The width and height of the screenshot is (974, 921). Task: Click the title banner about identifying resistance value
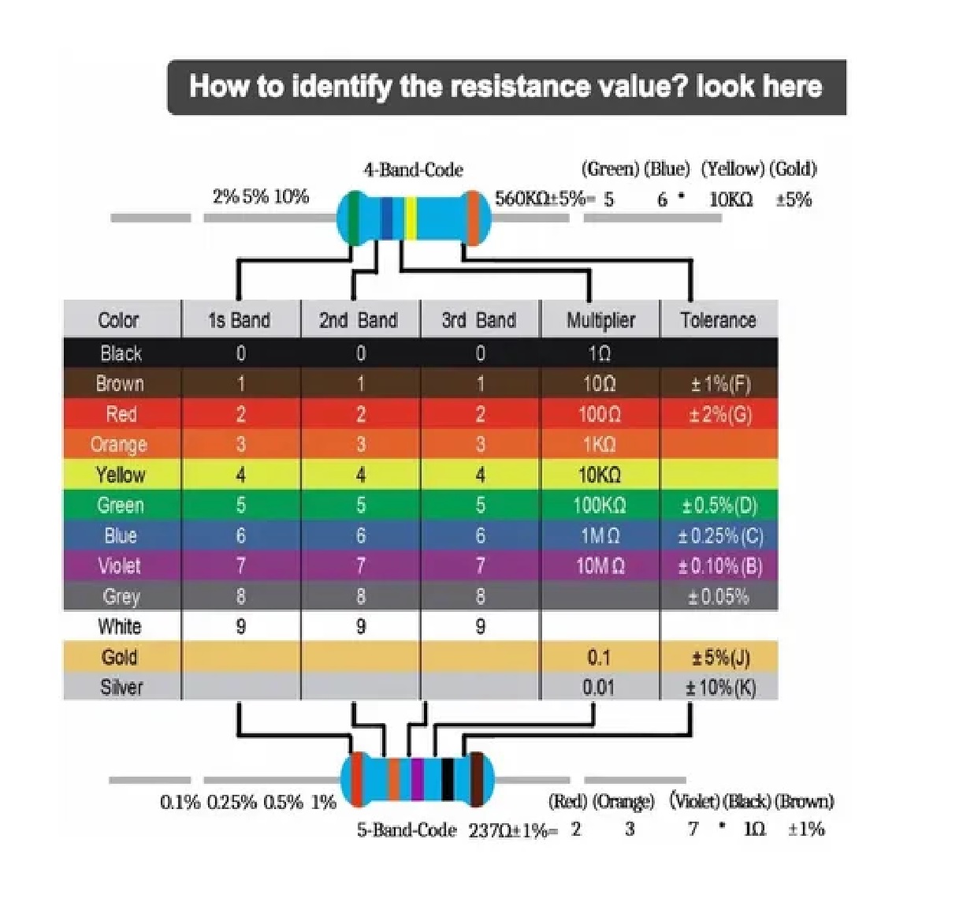click(x=506, y=87)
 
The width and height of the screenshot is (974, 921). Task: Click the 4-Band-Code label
click(x=413, y=170)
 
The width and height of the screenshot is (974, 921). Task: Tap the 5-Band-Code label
click(x=406, y=830)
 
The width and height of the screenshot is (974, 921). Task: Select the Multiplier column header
click(x=600, y=320)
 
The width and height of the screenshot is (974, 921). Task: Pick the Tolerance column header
click(x=718, y=320)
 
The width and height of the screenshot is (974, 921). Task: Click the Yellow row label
click(x=121, y=475)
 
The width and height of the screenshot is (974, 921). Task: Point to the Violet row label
click(x=120, y=565)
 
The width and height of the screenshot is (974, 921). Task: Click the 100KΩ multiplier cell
click(x=600, y=505)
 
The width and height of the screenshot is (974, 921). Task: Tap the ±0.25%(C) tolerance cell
click(x=720, y=536)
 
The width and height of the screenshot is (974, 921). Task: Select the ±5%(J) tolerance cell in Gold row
click(x=720, y=657)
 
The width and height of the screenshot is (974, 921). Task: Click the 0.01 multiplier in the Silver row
click(x=599, y=687)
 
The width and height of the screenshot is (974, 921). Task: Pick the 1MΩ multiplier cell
click(x=600, y=536)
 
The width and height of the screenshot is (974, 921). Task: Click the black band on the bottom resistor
click(x=448, y=779)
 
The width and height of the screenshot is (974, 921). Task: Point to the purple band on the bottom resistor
click(x=418, y=779)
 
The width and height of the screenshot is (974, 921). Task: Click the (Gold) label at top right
click(x=793, y=169)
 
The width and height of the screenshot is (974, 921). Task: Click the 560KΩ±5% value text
click(x=540, y=199)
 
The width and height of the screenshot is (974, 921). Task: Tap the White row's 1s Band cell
click(x=240, y=626)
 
